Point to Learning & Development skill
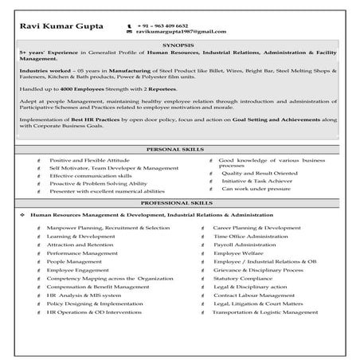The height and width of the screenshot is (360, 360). (x=80, y=237)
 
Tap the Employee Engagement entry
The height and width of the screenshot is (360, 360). (x=84, y=270)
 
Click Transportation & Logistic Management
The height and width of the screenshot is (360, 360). (x=265, y=313)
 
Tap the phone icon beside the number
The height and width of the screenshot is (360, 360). (x=129, y=27)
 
